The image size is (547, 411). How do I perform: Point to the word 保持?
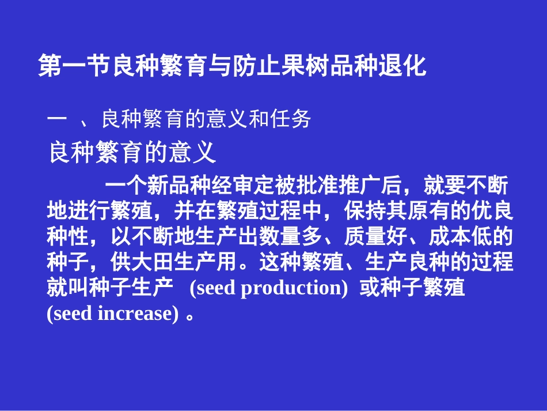tap(365, 212)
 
